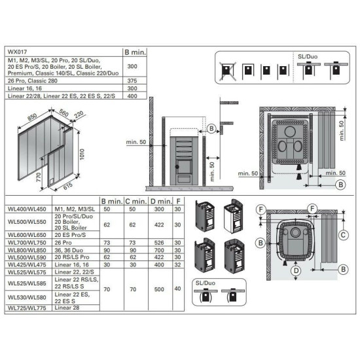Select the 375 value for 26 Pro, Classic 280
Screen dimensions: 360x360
[x=133, y=82]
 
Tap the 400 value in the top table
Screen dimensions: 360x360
[x=133, y=96]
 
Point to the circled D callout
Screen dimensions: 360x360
[x=295, y=269]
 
